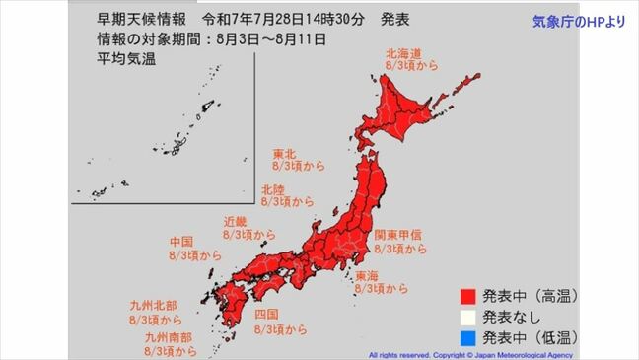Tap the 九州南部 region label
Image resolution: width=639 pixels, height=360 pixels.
click(164, 336)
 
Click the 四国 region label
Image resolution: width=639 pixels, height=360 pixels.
click(266, 314)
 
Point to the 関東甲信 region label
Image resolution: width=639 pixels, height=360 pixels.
click(399, 235)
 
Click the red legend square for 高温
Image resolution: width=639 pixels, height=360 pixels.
click(466, 295)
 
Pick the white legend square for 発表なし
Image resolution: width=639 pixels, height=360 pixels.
click(466, 316)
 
